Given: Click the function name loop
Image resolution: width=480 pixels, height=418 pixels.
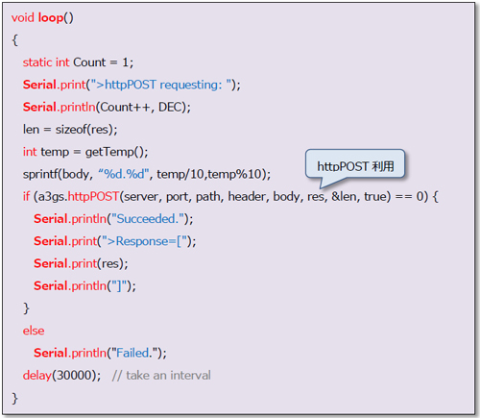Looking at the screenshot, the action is pos(51,17).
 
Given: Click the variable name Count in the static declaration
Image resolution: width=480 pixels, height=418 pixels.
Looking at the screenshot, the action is pos(89,62).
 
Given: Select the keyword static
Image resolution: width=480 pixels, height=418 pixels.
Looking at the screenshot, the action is pos(37,62).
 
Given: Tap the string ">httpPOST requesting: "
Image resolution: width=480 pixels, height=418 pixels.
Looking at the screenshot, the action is pos(161,85).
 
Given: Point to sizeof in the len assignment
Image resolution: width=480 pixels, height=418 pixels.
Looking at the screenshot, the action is pos(71,130).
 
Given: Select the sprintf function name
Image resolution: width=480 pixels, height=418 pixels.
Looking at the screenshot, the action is pos(40,174).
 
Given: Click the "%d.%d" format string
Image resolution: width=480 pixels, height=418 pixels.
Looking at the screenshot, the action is pos(124,174).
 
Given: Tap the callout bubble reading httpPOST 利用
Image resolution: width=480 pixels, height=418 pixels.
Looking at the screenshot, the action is pos(355,166).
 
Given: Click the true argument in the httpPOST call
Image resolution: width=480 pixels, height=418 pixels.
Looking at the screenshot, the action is pos(375,196).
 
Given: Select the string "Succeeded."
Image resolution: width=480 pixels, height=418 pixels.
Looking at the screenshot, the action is pos(147,219).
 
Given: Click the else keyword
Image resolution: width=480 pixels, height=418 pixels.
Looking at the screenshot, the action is pos(34,331).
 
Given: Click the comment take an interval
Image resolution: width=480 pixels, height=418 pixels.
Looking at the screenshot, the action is pos(168,376).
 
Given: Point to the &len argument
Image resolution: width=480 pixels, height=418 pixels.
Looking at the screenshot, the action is pos(344,196).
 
